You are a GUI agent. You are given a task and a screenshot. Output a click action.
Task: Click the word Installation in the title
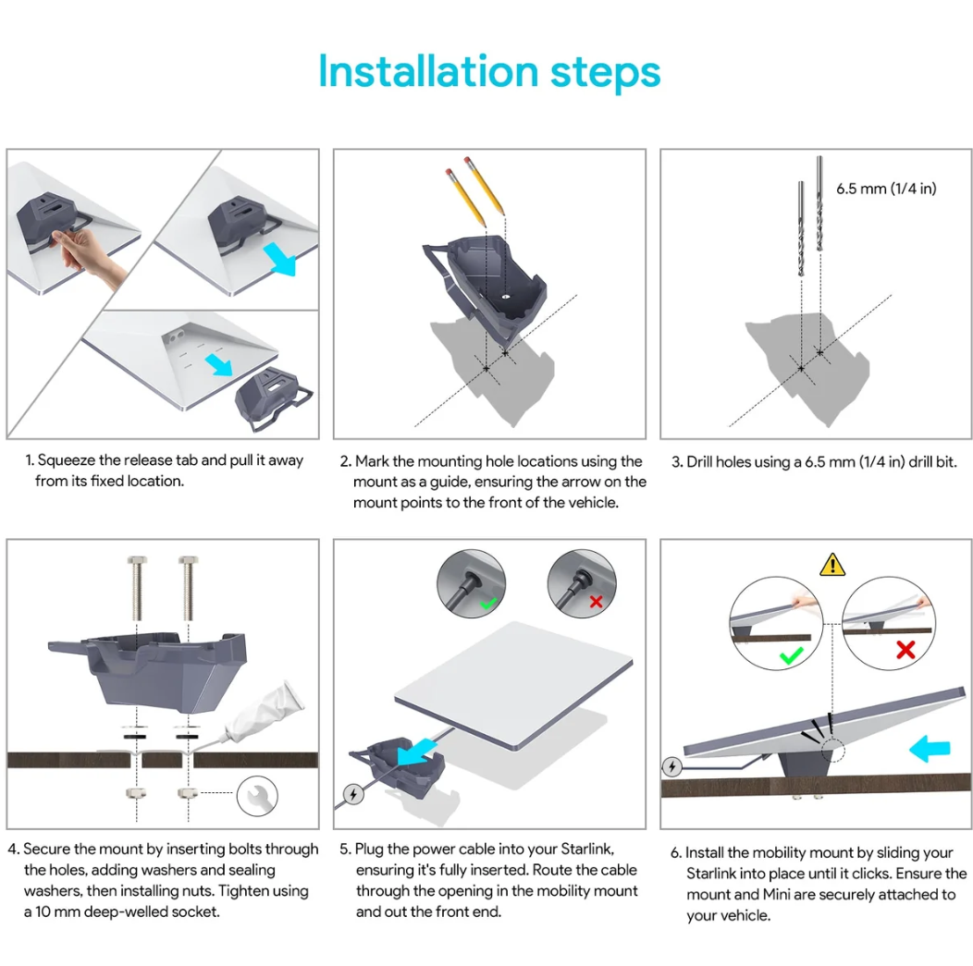(x=428, y=71)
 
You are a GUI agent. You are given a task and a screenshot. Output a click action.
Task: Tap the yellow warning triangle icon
(x=831, y=565)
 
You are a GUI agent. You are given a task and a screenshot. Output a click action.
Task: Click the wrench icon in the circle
(x=257, y=796)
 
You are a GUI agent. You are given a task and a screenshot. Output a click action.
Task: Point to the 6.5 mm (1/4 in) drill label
(x=886, y=189)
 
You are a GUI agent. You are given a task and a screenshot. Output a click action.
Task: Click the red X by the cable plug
(x=596, y=601)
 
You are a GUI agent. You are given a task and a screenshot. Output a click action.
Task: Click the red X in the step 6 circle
(x=905, y=649)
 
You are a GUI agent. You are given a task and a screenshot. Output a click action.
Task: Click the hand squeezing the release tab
(x=87, y=254)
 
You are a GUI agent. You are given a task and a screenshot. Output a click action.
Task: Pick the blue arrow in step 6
(x=929, y=749)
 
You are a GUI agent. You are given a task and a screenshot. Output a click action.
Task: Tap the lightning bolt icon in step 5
(x=353, y=794)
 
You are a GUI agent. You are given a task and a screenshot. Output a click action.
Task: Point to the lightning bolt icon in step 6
(x=672, y=766)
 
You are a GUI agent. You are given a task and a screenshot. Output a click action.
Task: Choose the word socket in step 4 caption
(x=195, y=912)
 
